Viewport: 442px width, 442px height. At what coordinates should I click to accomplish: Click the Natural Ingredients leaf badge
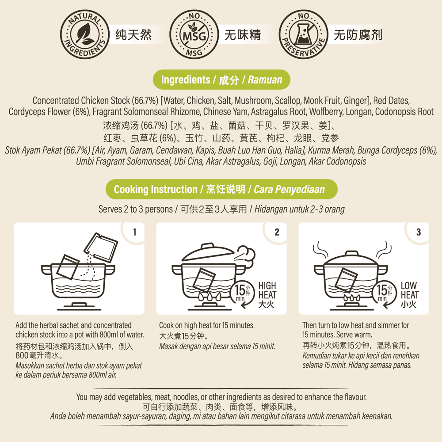click(x=84, y=34)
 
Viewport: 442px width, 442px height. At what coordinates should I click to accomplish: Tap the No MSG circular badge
click(x=194, y=34)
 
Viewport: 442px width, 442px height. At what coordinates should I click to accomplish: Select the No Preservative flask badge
click(x=303, y=34)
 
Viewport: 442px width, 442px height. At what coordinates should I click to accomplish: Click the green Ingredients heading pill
click(x=221, y=80)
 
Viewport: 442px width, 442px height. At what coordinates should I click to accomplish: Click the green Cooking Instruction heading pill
click(x=221, y=189)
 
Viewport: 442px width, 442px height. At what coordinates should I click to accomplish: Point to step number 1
click(x=135, y=232)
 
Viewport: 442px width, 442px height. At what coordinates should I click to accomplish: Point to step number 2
click(x=277, y=232)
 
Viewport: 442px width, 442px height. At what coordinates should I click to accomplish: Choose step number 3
click(x=419, y=232)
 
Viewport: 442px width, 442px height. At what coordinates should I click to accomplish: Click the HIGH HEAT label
click(x=267, y=290)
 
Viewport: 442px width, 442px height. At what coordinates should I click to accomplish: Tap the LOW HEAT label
click(x=410, y=290)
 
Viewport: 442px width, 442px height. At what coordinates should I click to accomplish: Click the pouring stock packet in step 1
click(x=101, y=247)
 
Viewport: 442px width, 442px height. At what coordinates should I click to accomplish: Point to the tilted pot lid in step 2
click(x=208, y=252)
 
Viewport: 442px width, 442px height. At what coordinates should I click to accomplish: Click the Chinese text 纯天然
click(x=133, y=34)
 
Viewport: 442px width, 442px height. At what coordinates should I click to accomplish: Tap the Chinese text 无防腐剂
click(x=358, y=34)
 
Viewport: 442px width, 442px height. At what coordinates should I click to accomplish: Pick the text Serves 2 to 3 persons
click(x=136, y=209)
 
